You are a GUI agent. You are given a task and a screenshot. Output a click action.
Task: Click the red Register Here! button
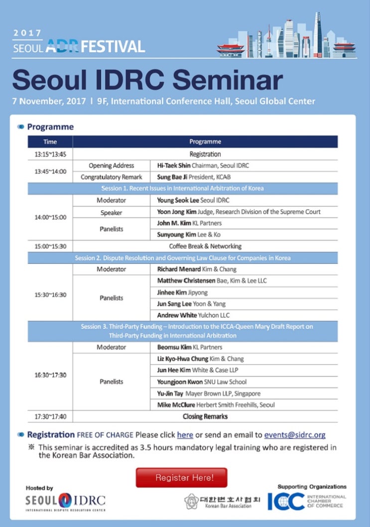pos(181,478)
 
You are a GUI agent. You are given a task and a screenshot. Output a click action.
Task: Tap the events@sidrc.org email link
pos(295,434)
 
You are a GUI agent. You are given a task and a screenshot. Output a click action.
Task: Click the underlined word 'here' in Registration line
pos(185,434)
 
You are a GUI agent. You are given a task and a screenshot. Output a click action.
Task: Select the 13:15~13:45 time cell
pos(50,154)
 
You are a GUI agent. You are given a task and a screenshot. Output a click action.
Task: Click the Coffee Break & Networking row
pos(205,246)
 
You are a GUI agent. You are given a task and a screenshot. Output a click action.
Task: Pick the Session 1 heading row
pos(182,189)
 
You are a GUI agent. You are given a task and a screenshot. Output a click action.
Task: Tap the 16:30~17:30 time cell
pos(50,375)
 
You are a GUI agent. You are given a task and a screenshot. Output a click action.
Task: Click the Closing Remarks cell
pos(205,417)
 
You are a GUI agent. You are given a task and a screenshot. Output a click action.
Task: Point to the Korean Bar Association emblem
pos(192,501)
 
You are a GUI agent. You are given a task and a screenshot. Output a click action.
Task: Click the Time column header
pos(50,142)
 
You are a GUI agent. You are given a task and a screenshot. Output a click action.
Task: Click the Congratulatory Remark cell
pos(112,177)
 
